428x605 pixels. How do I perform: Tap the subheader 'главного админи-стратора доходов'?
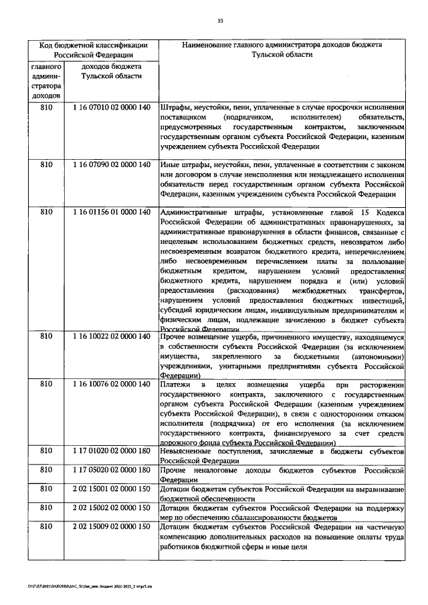pos(45,82)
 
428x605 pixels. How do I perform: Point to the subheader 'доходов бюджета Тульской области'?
pos(110,72)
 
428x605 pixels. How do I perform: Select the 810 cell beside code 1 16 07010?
pos(45,108)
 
